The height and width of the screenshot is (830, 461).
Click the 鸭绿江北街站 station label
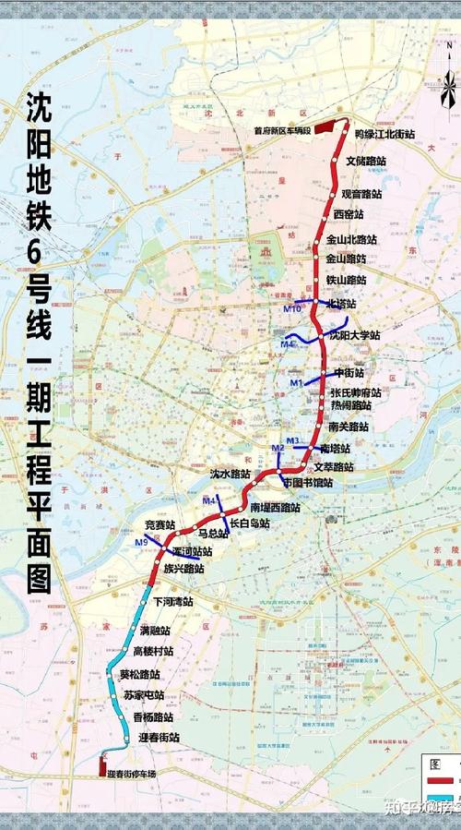point(384,135)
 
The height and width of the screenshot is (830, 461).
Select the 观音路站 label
point(361,194)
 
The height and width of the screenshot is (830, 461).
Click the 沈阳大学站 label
point(355,336)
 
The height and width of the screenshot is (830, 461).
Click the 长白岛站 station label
point(249,523)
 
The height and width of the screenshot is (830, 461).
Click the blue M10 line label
point(292,308)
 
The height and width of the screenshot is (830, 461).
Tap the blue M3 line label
point(293,440)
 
